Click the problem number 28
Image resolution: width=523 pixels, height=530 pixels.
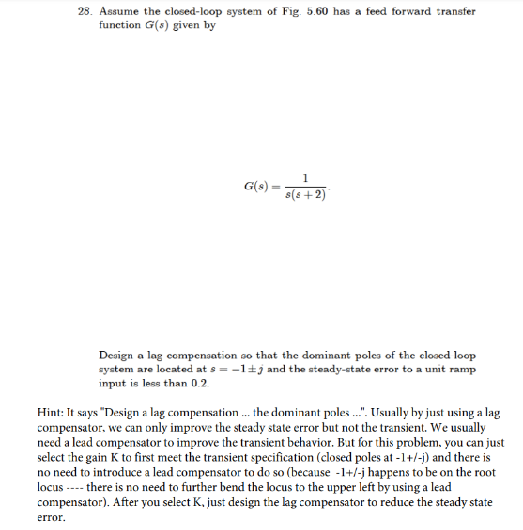coord(85,11)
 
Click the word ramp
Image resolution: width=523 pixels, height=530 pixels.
coord(462,369)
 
